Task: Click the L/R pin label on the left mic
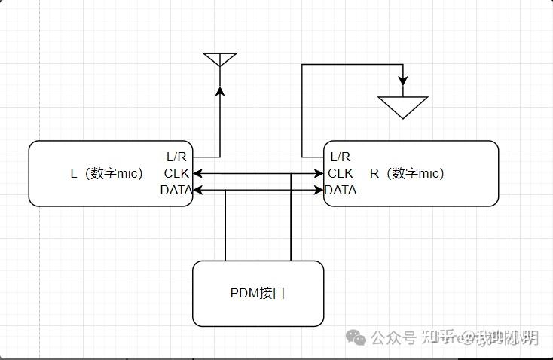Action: (176, 157)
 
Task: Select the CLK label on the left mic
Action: (176, 173)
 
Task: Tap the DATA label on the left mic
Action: (176, 190)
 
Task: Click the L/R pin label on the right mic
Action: (341, 157)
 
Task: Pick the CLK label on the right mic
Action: (341, 173)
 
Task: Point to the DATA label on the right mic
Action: (341, 190)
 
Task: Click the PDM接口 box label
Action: (258, 293)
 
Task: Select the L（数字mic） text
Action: (107, 173)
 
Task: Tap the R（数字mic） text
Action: (407, 173)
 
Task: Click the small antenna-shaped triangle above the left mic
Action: (220, 59)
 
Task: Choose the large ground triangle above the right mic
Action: (403, 106)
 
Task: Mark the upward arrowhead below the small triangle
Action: (220, 91)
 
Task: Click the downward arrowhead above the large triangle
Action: (403, 80)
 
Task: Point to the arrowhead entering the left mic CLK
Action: (197, 174)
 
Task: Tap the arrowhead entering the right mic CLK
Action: (319, 174)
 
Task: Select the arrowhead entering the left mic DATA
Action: (198, 190)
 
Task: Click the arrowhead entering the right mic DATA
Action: (319, 190)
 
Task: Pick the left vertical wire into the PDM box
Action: (225, 226)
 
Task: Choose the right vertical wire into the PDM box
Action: (291, 218)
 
